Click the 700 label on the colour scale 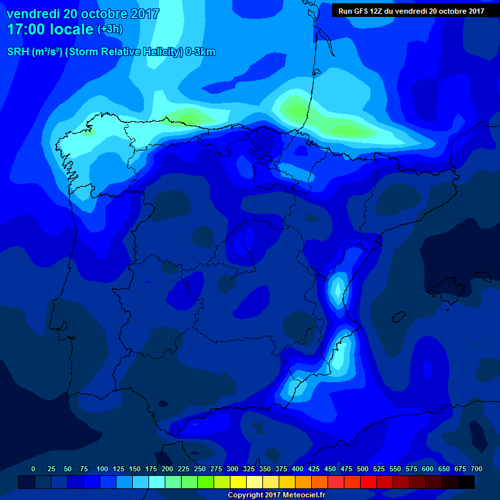[x=476, y=469]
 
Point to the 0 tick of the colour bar [x=33, y=469]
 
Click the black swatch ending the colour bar [x=466, y=482]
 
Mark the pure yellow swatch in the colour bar [x=238, y=482]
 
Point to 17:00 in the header [x=26, y=29]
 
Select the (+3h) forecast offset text [x=110, y=29]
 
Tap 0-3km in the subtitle [x=200, y=52]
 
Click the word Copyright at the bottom [x=247, y=495]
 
